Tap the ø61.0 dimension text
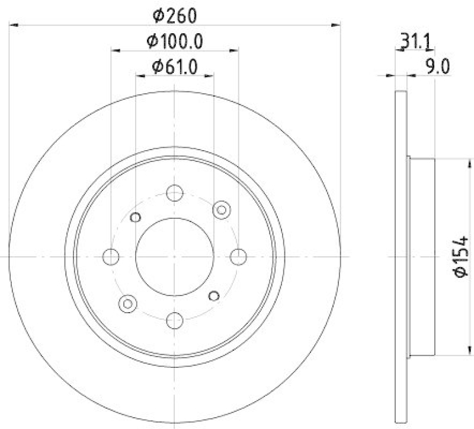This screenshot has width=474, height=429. pos(174,66)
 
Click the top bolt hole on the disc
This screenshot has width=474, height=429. pos(174,193)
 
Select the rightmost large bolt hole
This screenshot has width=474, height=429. pos(238,256)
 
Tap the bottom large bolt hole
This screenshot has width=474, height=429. pos(174,320)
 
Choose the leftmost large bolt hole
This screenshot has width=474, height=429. pos(111,256)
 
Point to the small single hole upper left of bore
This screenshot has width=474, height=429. pos(135,217)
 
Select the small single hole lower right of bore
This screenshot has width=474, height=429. pos(214,295)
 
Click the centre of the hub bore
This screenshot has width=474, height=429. pos(174,256)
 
